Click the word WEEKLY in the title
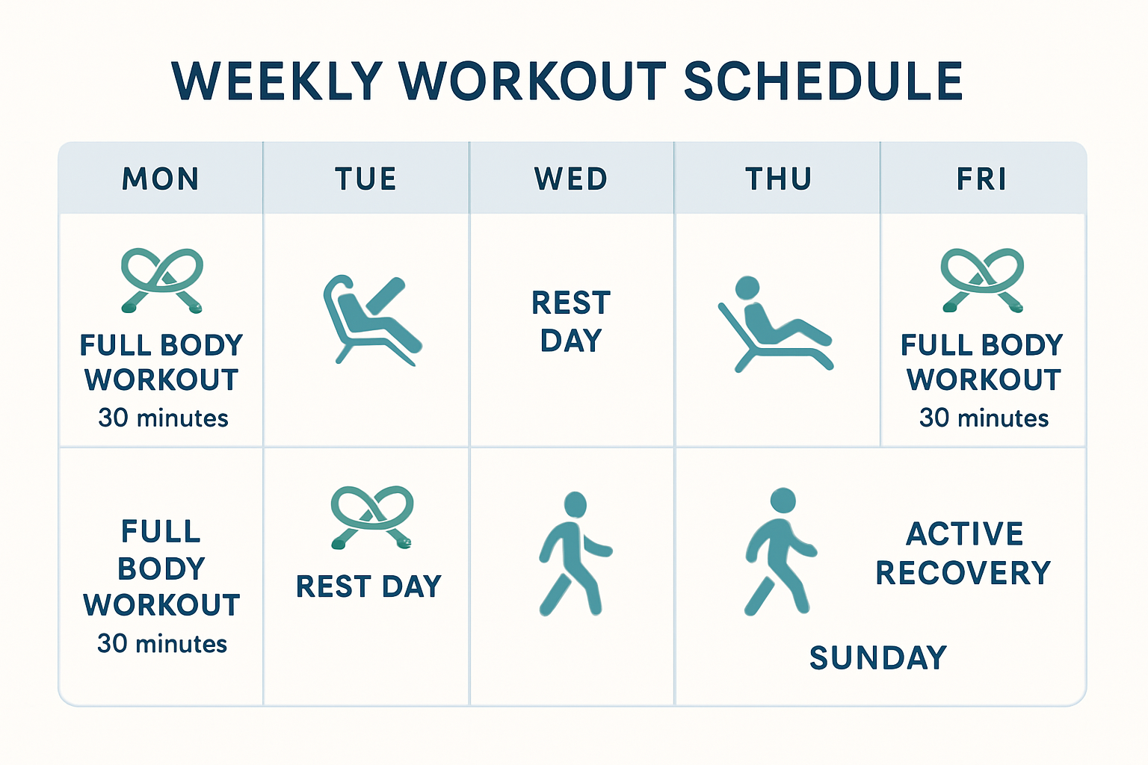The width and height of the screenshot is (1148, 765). [x=277, y=81]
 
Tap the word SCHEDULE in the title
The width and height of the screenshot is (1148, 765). [x=823, y=81]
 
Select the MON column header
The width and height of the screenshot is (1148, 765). [x=161, y=179]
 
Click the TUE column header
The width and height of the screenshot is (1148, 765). [x=366, y=179]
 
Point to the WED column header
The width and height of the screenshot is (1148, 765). [x=571, y=179]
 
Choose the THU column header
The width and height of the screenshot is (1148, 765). [x=779, y=179]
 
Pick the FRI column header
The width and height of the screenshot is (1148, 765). [x=981, y=179]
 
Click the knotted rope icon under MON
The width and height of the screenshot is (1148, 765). [x=162, y=280]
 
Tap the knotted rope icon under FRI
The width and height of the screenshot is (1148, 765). [x=983, y=280]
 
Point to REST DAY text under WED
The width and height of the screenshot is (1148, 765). [x=571, y=321]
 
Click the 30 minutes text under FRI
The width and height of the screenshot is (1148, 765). [x=984, y=418]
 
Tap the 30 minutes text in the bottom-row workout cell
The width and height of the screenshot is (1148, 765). [x=162, y=643]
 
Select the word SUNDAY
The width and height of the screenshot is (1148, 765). [x=878, y=658]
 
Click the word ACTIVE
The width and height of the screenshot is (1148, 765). [x=965, y=533]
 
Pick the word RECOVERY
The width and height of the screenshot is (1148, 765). [x=963, y=573]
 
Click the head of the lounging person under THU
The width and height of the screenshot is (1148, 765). [x=747, y=288]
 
